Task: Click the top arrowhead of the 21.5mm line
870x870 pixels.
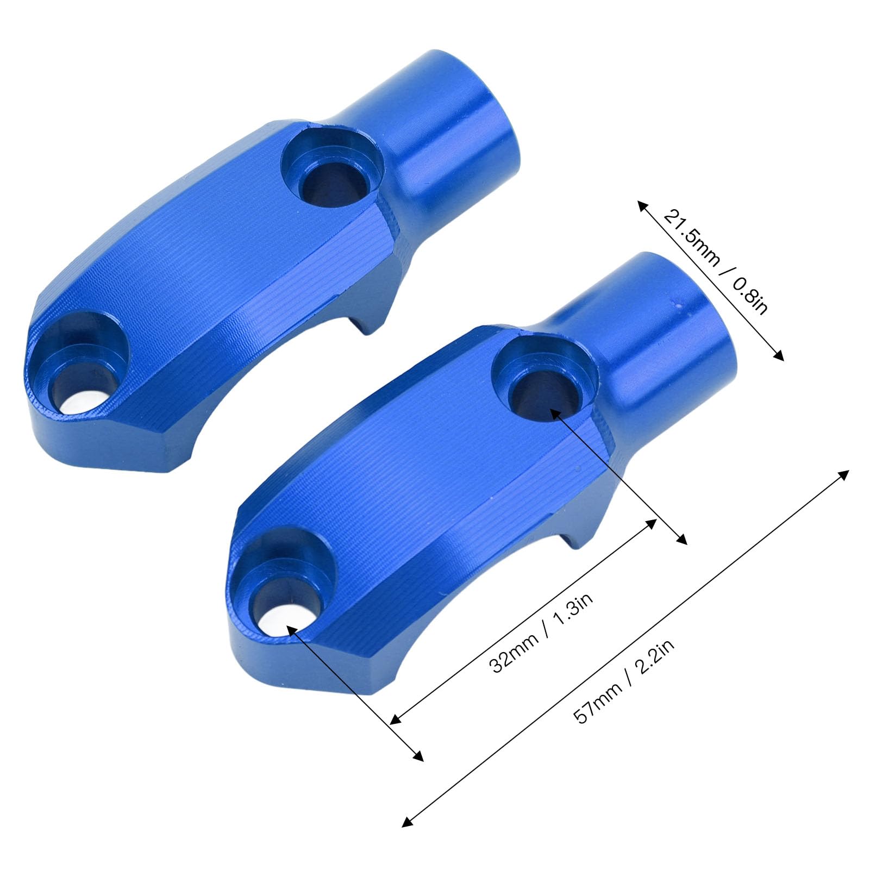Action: click(641, 203)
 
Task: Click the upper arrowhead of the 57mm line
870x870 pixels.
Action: click(845, 472)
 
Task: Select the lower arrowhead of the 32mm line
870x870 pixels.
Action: click(395, 721)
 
